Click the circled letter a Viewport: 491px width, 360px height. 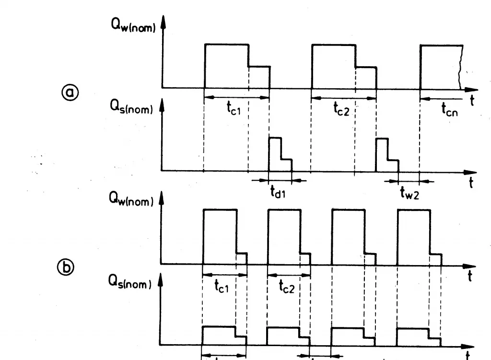coord(70,92)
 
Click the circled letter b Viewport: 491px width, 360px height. coord(66,267)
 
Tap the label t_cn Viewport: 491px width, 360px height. coord(449,109)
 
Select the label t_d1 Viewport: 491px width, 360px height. coord(278,191)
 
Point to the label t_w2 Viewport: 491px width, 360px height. coord(409,193)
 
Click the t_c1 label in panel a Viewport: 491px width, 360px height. coord(234,108)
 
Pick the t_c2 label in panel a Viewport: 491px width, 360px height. coord(341,109)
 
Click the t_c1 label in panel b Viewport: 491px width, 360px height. coord(222,286)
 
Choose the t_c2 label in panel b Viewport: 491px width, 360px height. coord(287,287)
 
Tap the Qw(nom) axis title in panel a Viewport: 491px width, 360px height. coord(133,24)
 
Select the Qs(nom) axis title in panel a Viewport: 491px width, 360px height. coord(131,107)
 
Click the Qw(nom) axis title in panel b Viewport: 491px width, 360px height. coord(131,199)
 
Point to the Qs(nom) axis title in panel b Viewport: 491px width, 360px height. coord(129,281)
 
